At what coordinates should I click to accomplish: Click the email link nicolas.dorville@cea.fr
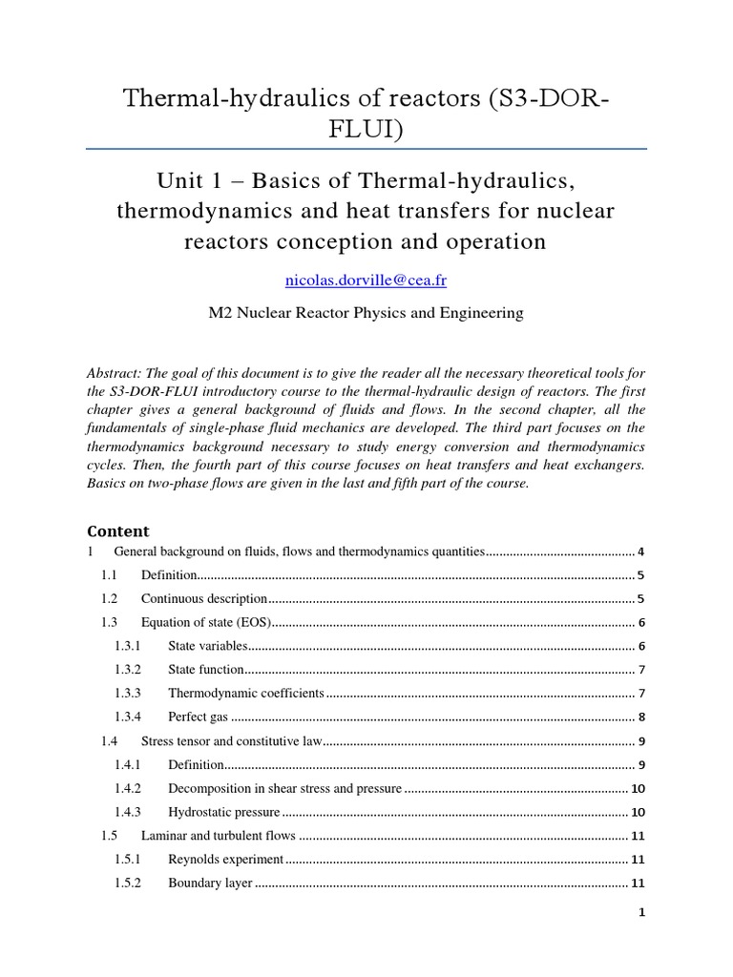click(x=366, y=280)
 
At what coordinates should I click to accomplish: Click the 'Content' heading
click(x=118, y=531)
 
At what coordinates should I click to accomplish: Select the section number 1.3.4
click(x=128, y=717)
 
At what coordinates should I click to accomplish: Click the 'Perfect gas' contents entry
click(x=199, y=717)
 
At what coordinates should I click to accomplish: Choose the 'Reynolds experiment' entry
click(x=226, y=859)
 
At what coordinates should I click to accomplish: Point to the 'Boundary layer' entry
click(x=210, y=883)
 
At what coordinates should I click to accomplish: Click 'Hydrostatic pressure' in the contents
click(x=224, y=812)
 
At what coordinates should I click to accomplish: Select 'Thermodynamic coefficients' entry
click(x=246, y=693)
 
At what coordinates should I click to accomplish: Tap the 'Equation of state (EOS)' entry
click(x=206, y=622)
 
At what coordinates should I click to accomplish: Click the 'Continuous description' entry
click(x=204, y=598)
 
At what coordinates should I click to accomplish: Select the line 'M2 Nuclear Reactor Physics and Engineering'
click(x=366, y=313)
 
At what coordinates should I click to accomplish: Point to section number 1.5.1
click(x=128, y=859)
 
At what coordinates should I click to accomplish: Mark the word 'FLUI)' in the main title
click(x=366, y=126)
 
